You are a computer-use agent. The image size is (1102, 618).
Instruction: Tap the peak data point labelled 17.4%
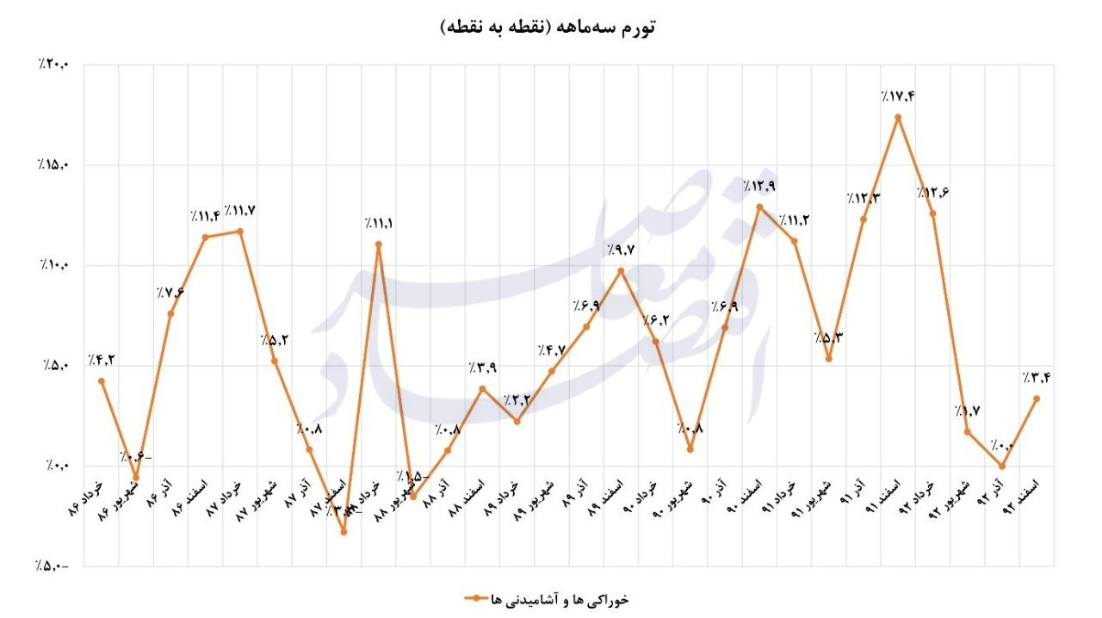898,117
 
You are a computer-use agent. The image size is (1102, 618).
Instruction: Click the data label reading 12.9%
758,186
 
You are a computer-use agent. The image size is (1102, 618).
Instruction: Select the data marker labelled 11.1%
379,244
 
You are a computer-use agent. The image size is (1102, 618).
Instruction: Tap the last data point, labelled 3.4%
1037,399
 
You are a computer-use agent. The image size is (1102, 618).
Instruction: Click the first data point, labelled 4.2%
102,381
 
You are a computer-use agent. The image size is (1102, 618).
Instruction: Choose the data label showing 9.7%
620,250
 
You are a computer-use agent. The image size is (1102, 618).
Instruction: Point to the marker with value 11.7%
240,231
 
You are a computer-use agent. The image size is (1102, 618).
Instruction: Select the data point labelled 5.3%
828,359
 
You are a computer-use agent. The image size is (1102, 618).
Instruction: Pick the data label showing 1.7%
967,411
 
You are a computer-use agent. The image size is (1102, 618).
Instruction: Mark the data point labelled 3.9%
482,388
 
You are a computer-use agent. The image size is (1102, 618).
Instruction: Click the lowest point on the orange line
344,531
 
